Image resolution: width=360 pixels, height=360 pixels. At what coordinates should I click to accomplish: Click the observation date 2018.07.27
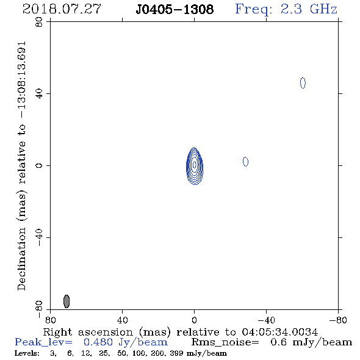(62, 9)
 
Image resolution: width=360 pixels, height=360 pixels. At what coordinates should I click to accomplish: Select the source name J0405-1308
(175, 9)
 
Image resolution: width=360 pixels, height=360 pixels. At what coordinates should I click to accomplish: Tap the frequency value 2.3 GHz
(309, 9)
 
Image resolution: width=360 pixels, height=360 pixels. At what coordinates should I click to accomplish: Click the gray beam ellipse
(67, 301)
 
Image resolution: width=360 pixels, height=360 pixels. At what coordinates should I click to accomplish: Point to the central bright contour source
(195, 166)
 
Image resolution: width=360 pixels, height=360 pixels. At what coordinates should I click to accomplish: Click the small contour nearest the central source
(245, 162)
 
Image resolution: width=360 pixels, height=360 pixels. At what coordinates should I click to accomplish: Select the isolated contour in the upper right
(303, 83)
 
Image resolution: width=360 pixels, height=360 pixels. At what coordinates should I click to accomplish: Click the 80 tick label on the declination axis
(39, 22)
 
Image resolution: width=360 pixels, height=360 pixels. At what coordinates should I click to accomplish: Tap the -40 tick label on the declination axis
(39, 237)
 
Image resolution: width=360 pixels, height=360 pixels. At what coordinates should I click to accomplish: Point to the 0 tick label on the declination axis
(39, 165)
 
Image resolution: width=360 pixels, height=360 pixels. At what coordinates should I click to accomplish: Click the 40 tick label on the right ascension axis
(122, 320)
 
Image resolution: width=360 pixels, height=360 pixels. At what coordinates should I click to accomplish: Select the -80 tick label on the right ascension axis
(338, 320)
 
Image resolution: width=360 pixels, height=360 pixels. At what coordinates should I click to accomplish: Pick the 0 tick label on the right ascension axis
(194, 320)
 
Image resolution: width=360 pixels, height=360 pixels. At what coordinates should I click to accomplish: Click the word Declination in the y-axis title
(21, 259)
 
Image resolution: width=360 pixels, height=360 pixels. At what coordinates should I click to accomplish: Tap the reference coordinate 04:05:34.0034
(280, 332)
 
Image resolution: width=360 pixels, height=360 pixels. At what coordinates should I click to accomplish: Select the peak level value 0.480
(98, 342)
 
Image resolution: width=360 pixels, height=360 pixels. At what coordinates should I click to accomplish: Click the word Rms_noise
(225, 342)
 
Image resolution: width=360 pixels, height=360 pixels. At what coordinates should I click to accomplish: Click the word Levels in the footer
(27, 353)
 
